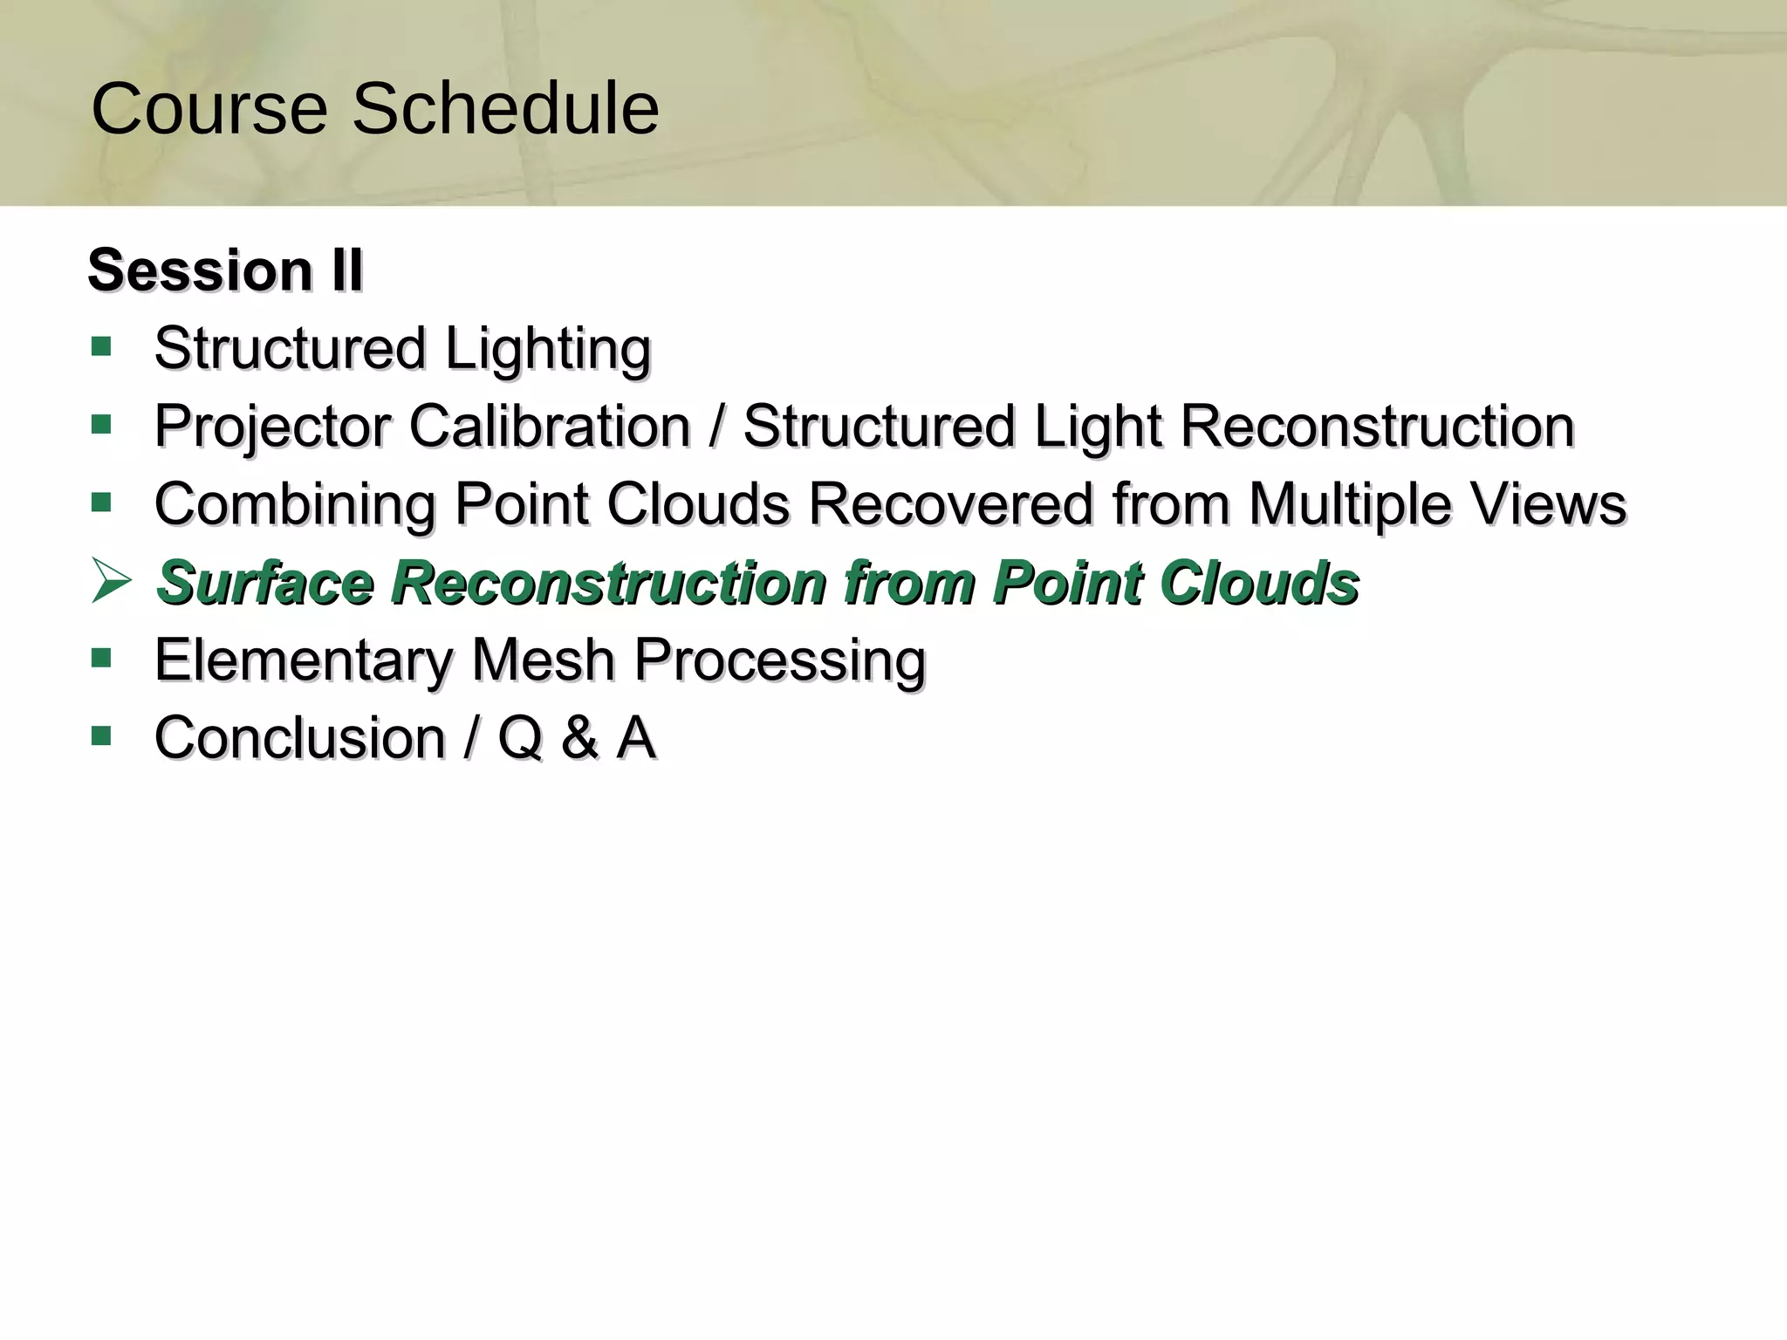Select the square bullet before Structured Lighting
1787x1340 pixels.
pyautogui.click(x=101, y=347)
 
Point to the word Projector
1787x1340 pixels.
pyautogui.click(x=272, y=427)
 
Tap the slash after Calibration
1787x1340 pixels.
pyautogui.click(x=716, y=427)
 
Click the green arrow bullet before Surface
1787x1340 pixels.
pyautogui.click(x=111, y=581)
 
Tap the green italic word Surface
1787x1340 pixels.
pyautogui.click(x=265, y=582)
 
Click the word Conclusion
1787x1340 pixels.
pyautogui.click(x=300, y=738)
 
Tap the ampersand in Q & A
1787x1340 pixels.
pyautogui.click(x=579, y=738)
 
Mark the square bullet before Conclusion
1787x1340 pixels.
pyautogui.click(x=101, y=736)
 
